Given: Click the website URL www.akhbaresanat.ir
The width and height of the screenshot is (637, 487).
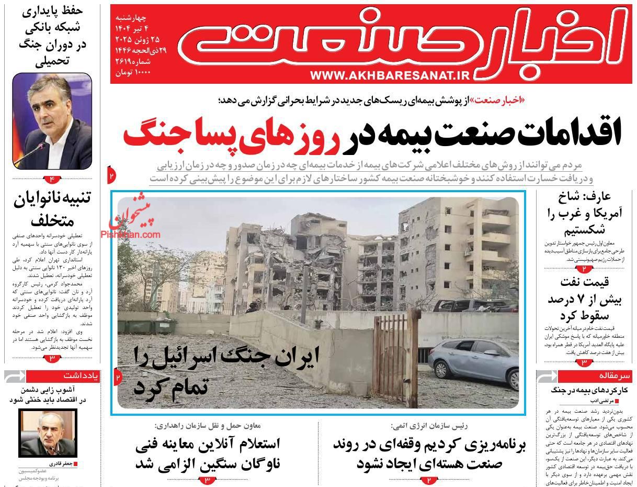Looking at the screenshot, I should tap(391, 75).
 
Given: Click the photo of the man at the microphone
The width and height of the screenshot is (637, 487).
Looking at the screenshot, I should tap(52, 121).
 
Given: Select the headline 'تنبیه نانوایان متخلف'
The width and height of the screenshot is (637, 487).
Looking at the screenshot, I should tap(52, 208).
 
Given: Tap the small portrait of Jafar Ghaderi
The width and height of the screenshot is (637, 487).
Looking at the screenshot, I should tap(48, 433).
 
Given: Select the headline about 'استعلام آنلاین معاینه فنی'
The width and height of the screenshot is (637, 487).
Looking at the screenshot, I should tap(208, 453).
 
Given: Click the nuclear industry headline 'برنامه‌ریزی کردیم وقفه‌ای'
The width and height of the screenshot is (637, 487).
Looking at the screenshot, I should tap(429, 453).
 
